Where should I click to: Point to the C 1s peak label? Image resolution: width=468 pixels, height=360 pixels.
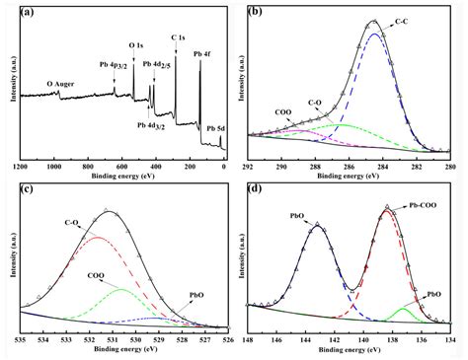179,38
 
